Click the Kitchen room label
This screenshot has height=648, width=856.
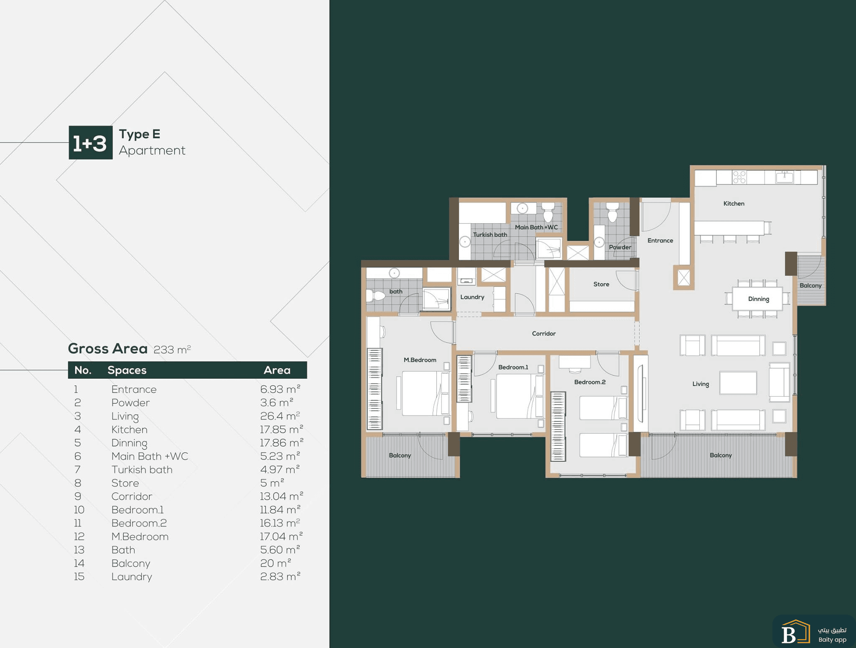pos(734,203)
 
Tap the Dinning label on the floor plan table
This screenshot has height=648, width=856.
pos(758,299)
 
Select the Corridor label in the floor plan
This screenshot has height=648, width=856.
pos(544,333)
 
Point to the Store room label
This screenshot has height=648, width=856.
pos(601,284)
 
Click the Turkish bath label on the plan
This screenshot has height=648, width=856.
pos(490,235)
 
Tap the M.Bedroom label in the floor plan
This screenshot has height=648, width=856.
pos(420,360)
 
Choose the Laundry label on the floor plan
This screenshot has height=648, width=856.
pos(472,297)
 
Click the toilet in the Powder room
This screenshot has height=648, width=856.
pos(612,212)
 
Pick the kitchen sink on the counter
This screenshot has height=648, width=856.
pos(785,177)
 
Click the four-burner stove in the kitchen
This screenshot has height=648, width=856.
pos(739,177)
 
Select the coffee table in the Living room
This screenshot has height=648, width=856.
pos(738,383)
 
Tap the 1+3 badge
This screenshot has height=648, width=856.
pos(91,143)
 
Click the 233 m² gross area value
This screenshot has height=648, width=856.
pos(172,349)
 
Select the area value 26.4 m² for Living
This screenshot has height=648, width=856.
pos(280,416)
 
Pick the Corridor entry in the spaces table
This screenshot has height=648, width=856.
pos(132,496)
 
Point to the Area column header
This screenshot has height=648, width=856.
pos(277,370)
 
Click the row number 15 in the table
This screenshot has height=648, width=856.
pos(79,577)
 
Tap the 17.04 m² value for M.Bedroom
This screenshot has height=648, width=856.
pos(281,536)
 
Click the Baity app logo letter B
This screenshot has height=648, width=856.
pos(788,635)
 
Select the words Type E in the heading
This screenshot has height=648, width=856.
pos(140,134)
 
